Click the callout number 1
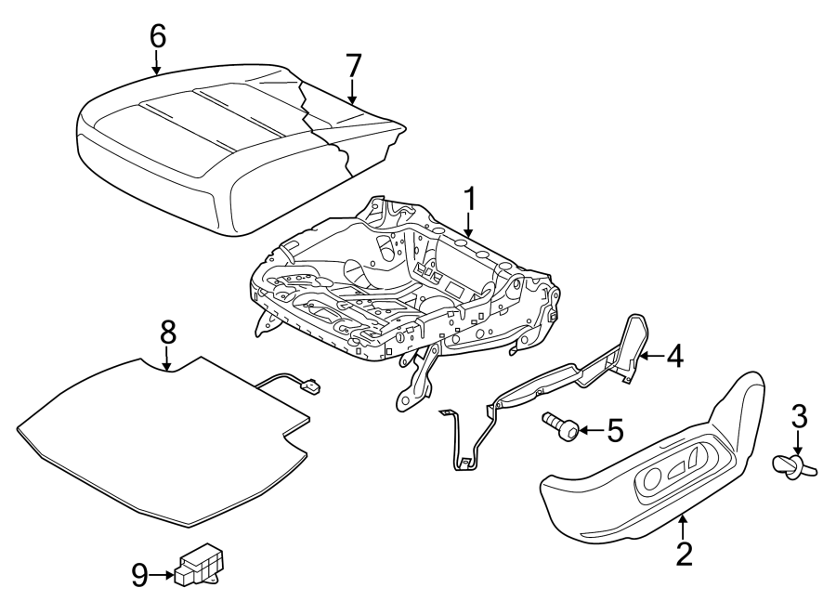coord(470,200)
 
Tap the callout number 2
coord(684,554)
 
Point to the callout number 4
coord(673,356)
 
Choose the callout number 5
coord(613,430)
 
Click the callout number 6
coord(157,36)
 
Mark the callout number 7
coord(352,66)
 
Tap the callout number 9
coord(139,576)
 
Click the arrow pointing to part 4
coord(651,356)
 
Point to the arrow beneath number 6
coord(157,63)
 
